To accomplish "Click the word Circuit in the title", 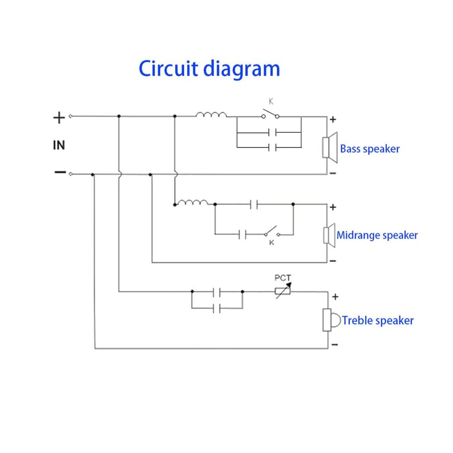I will (169, 69).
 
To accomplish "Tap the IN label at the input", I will (59, 145).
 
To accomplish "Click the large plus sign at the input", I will (59, 118).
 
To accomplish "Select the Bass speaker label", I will (370, 149).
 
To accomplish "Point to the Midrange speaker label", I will (377, 236).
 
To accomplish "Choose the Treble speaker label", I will (377, 321).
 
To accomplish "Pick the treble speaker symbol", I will (331, 320).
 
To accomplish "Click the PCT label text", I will (283, 278).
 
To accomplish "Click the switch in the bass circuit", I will (270, 115).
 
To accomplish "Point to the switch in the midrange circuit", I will (271, 232).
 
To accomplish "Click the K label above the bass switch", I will (271, 102).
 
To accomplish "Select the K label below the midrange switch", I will (271, 243).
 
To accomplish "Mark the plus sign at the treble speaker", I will (335, 297).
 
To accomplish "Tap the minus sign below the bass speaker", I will (333, 173).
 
